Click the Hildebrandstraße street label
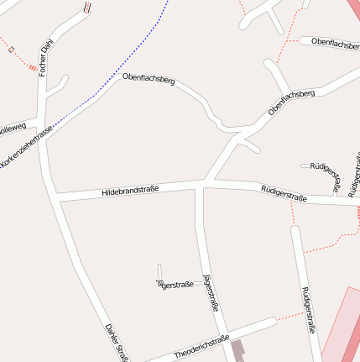130,191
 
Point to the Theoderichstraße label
201,346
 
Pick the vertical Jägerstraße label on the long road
210,293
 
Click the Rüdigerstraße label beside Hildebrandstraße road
284,194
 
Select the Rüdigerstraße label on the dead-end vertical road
307,310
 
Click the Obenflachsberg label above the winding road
149,81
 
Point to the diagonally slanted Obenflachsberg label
290,102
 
